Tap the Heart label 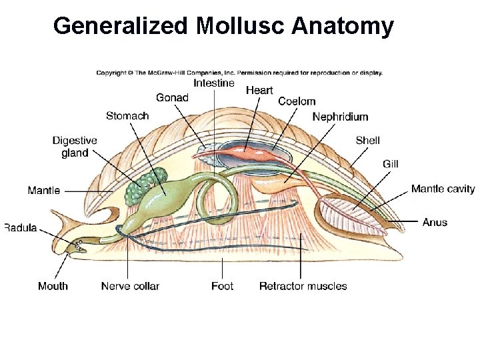click(x=260, y=89)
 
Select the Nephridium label click(x=340, y=117)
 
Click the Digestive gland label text click(x=75, y=147)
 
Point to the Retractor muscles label click(x=303, y=286)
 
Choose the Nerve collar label click(x=130, y=286)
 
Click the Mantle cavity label click(x=443, y=189)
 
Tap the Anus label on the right click(x=435, y=222)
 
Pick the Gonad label click(x=172, y=98)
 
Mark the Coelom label click(x=297, y=101)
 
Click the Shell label click(x=368, y=140)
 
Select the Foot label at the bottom click(x=222, y=286)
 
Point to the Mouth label click(x=53, y=286)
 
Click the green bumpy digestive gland click(x=144, y=187)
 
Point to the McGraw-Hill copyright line click(x=239, y=73)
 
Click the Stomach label click(x=127, y=116)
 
